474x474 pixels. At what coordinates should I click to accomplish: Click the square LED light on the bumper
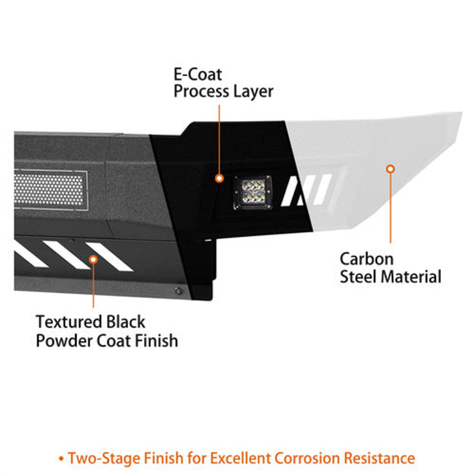(x=253, y=192)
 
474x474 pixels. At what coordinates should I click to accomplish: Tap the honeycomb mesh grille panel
(x=49, y=190)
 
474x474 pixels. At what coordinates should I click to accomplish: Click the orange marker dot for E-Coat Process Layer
(x=219, y=178)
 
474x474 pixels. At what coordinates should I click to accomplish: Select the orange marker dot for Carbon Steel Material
(x=390, y=169)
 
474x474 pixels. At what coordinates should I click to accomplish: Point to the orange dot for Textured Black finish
(x=93, y=259)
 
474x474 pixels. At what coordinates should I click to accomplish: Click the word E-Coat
(x=198, y=74)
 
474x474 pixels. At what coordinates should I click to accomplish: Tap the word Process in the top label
(x=201, y=92)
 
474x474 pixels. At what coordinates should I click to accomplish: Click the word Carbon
(x=366, y=259)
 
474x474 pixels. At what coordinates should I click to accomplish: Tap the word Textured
(x=69, y=322)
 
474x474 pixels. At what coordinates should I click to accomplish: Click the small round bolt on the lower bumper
(x=178, y=291)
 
